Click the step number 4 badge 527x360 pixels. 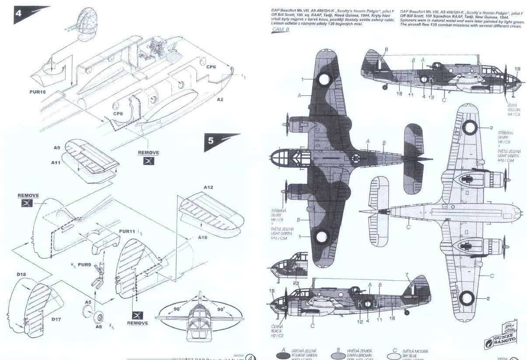(18, 13)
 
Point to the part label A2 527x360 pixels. (220, 99)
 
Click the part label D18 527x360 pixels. (21, 274)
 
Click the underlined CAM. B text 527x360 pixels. (280, 29)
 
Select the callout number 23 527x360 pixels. (297, 283)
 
